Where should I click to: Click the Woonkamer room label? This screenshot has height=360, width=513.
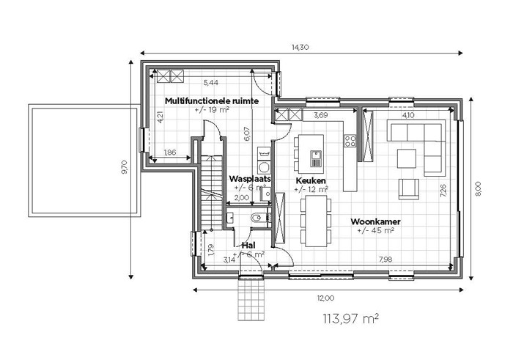point(375,221)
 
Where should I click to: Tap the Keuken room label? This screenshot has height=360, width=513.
point(311,180)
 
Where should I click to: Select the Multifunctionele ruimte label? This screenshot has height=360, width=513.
point(212,100)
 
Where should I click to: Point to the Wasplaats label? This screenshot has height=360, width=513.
point(250,179)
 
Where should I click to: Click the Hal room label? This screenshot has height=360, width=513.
point(248,245)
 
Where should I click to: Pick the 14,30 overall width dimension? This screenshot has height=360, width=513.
point(300,47)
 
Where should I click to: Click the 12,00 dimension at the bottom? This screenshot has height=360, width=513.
point(325,298)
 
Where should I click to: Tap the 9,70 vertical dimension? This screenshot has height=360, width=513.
point(125,167)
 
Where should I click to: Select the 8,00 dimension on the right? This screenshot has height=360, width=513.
point(477,189)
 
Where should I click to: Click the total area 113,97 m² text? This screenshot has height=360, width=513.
point(351,318)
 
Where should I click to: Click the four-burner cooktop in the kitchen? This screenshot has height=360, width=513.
point(350,141)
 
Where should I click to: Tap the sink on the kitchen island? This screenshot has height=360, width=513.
point(316,158)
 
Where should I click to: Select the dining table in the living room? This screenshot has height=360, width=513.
point(316,221)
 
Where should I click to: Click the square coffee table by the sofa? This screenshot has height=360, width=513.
point(407,158)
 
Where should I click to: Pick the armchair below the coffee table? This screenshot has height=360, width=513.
point(409,189)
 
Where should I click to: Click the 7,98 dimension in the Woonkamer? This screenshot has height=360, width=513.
point(385,260)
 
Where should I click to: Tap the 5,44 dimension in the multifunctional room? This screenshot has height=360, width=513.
point(211,82)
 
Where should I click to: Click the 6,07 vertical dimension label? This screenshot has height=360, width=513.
point(247,134)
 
